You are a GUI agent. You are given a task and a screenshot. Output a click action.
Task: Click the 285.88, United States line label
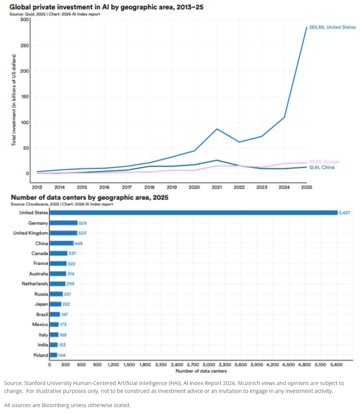pos(332,27)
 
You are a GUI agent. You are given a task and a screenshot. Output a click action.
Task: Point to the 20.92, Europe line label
pos(324,162)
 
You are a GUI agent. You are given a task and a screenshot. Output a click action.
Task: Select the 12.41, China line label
pos(322,167)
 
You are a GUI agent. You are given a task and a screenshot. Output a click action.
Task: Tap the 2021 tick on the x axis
pos(217,187)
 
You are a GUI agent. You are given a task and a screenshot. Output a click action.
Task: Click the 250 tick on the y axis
pos(24,46)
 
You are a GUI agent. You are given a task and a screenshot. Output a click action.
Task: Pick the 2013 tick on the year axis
pos(37,187)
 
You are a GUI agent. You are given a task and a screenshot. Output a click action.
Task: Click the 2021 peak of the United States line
pos(217,129)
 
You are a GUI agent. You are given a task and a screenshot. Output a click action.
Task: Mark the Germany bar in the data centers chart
pos(64,223)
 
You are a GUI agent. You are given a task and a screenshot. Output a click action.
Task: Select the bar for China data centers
pos(62,243)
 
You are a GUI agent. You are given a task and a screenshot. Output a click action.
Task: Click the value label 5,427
pos(344,213)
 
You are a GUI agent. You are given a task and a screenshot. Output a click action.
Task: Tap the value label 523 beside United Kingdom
pos(82,233)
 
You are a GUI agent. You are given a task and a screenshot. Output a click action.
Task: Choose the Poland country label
pos(41,355)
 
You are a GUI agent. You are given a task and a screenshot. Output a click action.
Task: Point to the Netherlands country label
pos(35,284)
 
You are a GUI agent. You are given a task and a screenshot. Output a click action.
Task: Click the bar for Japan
pos(56,304)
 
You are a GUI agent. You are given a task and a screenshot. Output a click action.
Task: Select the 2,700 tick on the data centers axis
pos(193,365)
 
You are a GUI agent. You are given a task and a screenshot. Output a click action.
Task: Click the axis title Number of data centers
pos(201,371)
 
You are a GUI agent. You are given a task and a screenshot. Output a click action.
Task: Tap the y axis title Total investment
pos(14,100)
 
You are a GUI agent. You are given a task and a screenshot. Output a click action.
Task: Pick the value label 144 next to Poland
pos(62,355)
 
